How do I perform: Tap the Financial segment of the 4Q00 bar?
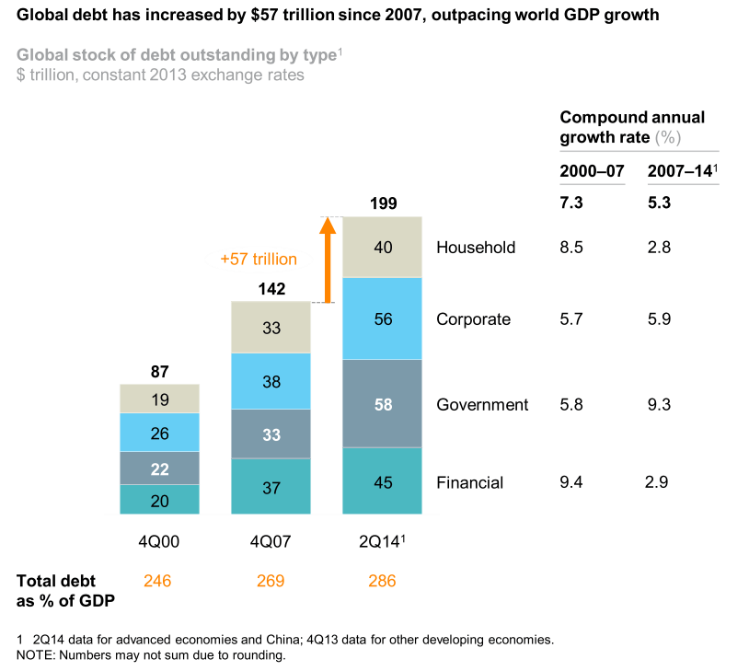coord(160,500)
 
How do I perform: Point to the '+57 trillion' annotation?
coord(259,260)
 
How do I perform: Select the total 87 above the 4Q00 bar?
coord(160,371)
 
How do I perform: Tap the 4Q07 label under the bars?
coord(271,542)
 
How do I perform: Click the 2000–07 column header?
coord(592,171)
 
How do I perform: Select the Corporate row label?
coord(473,319)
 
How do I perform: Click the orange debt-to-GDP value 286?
coord(382,581)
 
